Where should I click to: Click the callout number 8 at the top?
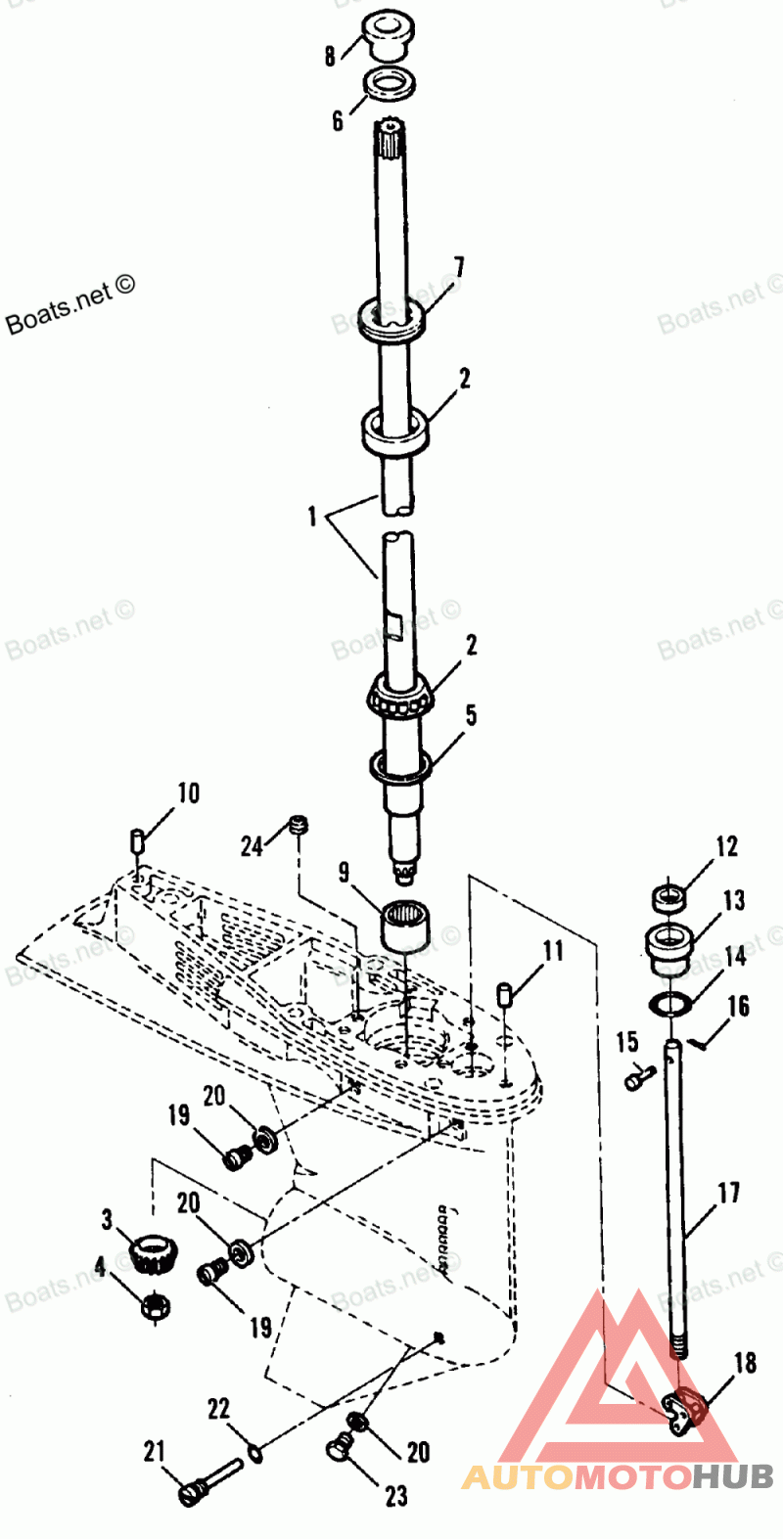point(331,55)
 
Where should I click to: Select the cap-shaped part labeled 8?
point(389,37)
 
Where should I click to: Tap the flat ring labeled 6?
point(389,83)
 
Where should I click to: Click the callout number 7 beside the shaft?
point(458,267)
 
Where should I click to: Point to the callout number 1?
point(312,516)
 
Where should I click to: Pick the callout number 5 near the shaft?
point(471,715)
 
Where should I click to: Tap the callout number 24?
point(253,845)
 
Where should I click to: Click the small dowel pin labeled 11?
point(506,995)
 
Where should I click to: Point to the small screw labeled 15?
point(635,1080)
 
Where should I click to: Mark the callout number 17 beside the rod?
point(729,1193)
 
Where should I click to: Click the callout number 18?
point(745,1362)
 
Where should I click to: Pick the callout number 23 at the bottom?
point(395,1495)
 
